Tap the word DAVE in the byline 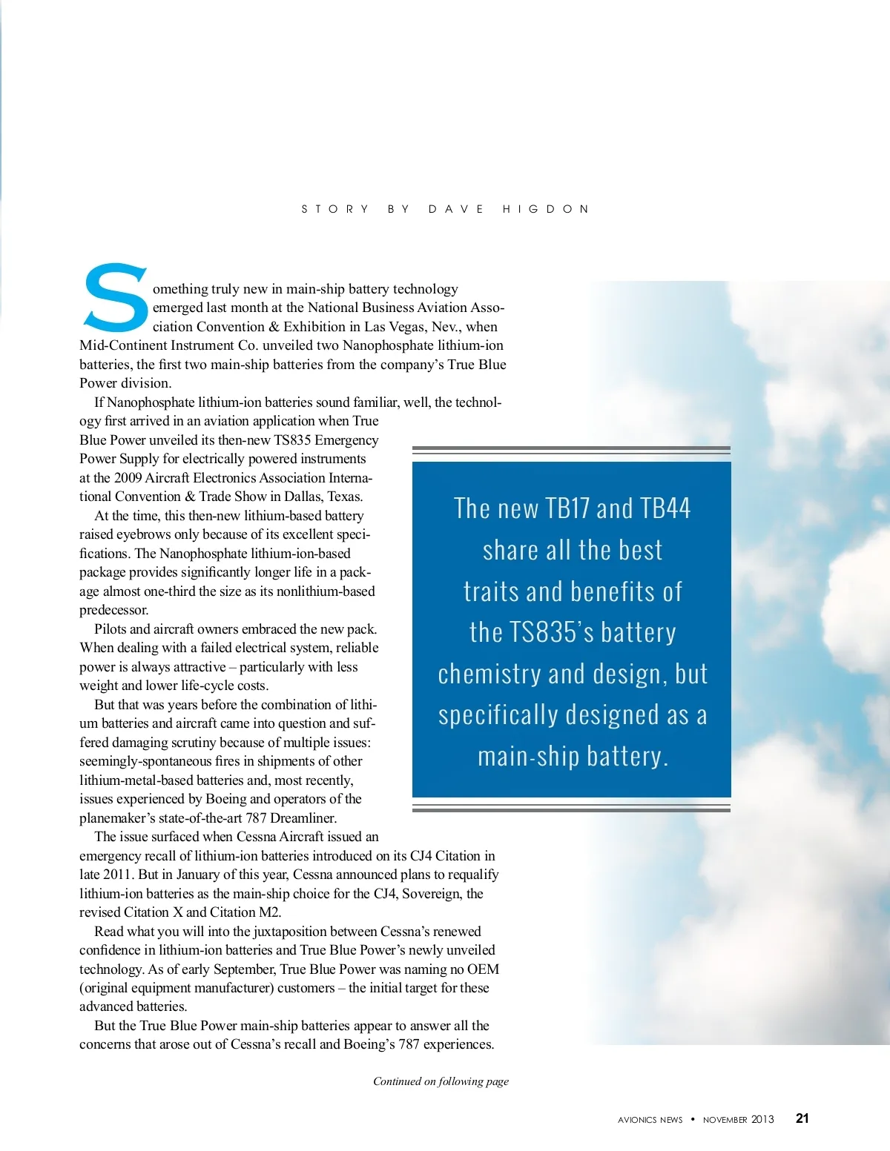[x=456, y=209]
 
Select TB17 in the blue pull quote [x=567, y=508]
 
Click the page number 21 [x=802, y=1118]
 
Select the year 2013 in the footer [x=762, y=1119]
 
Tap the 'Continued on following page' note [x=441, y=1081]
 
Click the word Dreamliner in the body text [x=303, y=818]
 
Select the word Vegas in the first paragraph [x=409, y=327]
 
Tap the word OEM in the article [x=483, y=969]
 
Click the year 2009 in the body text [x=128, y=478]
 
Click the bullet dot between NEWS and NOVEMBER [x=693, y=1119]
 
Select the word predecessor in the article [x=113, y=611]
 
